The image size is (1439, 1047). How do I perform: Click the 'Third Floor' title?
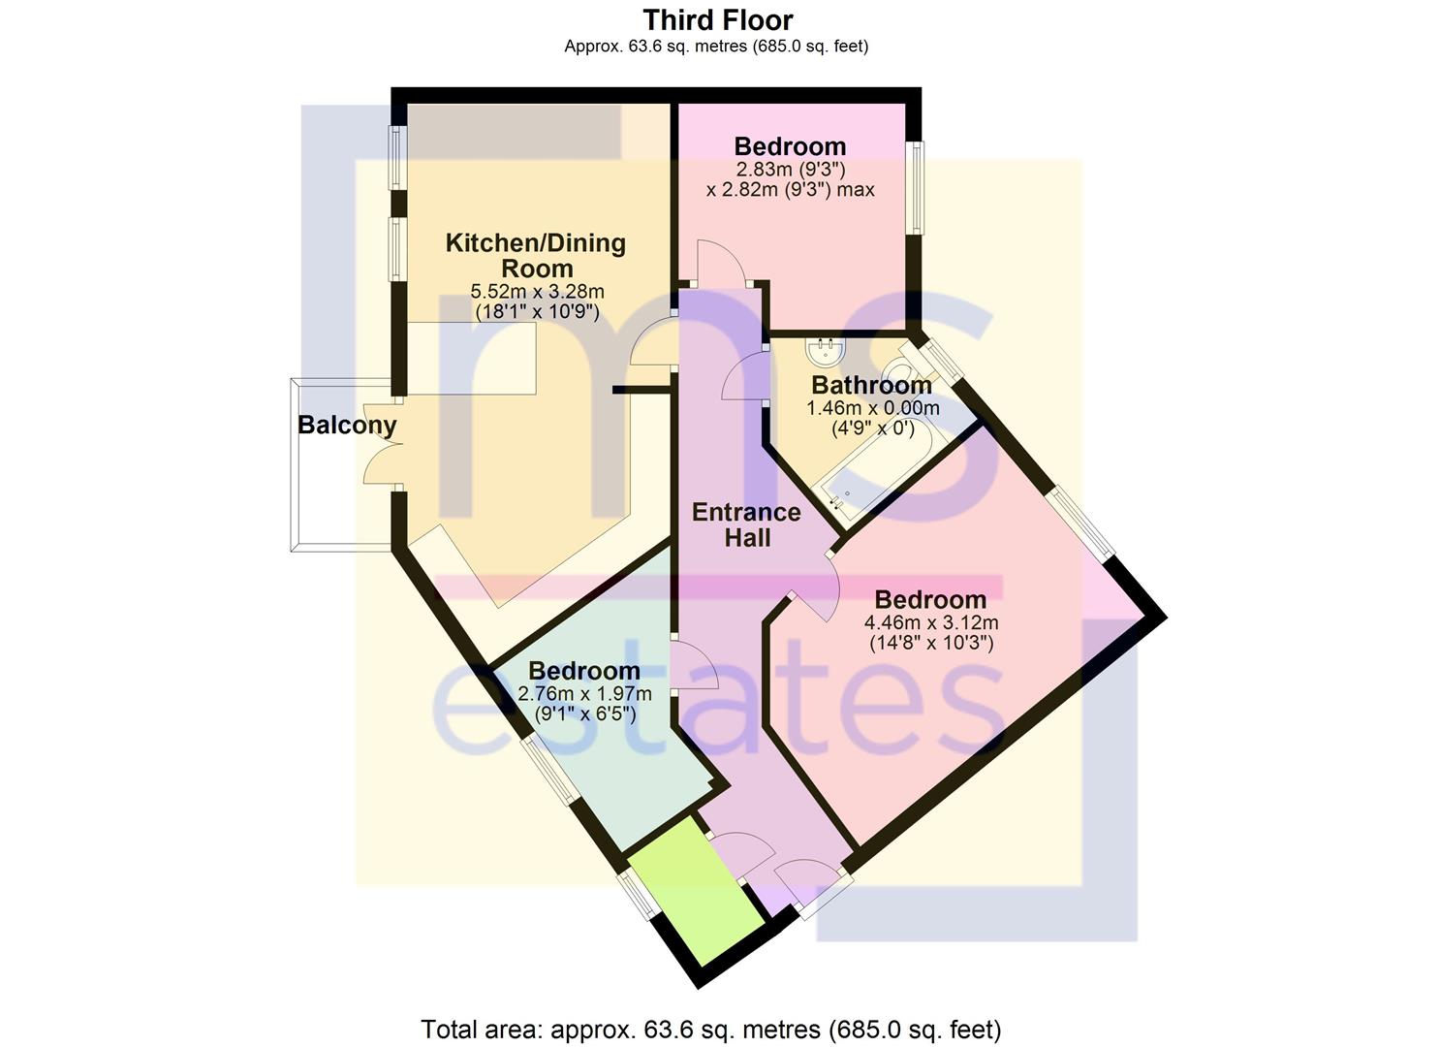pyautogui.click(x=718, y=20)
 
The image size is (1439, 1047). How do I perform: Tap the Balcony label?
pyautogui.click(x=347, y=426)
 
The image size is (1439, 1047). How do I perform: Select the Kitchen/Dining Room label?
pyautogui.click(x=536, y=256)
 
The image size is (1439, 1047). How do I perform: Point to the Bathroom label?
pyautogui.click(x=872, y=385)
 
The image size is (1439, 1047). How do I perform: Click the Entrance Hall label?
pyautogui.click(x=746, y=525)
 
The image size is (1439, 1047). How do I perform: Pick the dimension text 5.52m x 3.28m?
pyautogui.click(x=537, y=292)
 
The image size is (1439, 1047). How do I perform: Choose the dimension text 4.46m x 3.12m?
pyautogui.click(x=931, y=622)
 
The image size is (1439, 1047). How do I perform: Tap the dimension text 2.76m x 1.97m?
pyautogui.click(x=584, y=693)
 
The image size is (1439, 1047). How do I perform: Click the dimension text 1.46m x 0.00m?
pyautogui.click(x=873, y=408)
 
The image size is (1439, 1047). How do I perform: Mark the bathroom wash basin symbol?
pyautogui.click(x=826, y=351)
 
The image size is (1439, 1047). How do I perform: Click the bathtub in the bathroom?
pyautogui.click(x=872, y=472)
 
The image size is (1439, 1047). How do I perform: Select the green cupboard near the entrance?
pyautogui.click(x=696, y=891)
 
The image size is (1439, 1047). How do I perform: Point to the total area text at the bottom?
pyautogui.click(x=710, y=1030)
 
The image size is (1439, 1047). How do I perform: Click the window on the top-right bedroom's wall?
pyautogui.click(x=915, y=188)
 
